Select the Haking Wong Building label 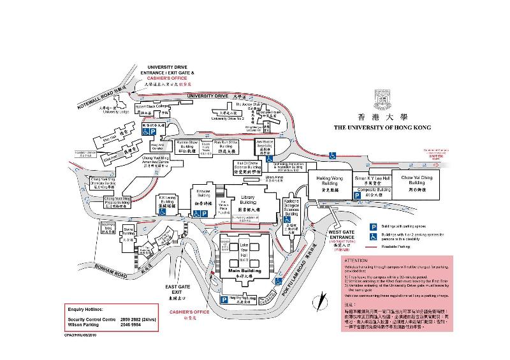pos(330,181)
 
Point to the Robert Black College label pos(153,106)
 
